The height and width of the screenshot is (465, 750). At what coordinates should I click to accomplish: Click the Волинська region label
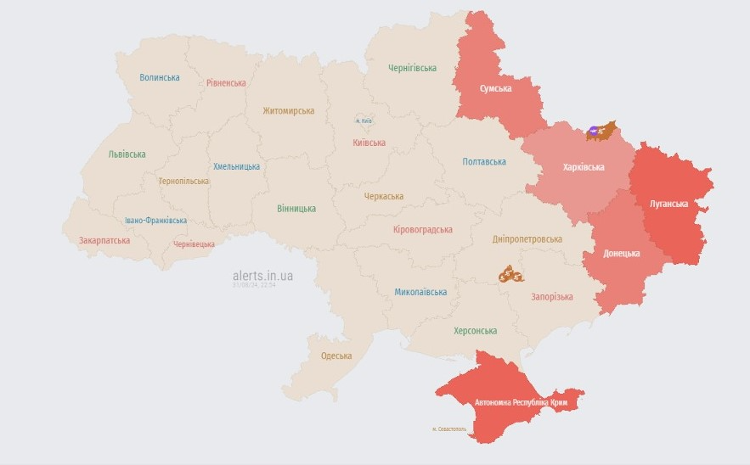click(160, 77)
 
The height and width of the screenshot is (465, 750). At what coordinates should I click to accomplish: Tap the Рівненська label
click(226, 83)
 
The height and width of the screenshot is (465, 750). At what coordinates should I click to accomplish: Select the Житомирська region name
click(288, 111)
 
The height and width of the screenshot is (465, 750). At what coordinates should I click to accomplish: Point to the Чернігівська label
click(412, 68)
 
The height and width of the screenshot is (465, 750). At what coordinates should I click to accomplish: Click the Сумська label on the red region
click(495, 88)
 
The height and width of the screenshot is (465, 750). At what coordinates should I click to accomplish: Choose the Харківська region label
click(584, 167)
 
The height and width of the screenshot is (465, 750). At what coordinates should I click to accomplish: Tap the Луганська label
click(668, 204)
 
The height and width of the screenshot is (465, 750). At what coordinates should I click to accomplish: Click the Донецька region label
click(622, 254)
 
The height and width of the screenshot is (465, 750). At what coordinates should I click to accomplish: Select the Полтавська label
click(484, 161)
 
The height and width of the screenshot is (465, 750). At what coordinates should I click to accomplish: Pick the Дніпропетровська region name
click(527, 239)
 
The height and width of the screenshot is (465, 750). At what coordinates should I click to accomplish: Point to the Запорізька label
click(551, 297)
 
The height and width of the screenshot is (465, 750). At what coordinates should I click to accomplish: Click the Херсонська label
click(475, 331)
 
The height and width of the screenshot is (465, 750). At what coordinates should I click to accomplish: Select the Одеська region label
click(336, 356)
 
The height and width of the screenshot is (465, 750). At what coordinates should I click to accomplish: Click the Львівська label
click(127, 154)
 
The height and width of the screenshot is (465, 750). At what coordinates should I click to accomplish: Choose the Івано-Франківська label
click(155, 221)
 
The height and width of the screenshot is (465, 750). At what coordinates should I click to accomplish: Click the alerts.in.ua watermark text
click(262, 276)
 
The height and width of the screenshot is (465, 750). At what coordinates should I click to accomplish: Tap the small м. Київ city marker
click(363, 121)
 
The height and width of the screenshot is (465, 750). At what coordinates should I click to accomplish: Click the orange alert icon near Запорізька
click(510, 274)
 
